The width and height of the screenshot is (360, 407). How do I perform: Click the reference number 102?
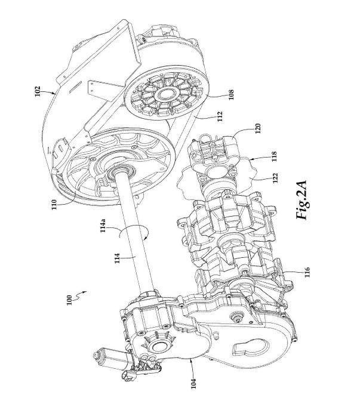(38, 91)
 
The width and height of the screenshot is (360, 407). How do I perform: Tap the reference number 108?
(231, 94)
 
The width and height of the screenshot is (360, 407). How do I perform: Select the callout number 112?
(220, 116)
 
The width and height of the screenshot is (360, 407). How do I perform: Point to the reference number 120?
(257, 128)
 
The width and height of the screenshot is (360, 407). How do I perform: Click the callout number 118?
(274, 156)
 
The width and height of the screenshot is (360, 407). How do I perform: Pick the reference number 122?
(276, 178)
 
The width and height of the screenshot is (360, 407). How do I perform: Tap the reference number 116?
(307, 272)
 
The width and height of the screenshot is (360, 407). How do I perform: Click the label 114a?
(103, 226)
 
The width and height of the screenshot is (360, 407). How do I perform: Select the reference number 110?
(54, 205)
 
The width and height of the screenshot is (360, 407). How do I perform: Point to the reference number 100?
(69, 300)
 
